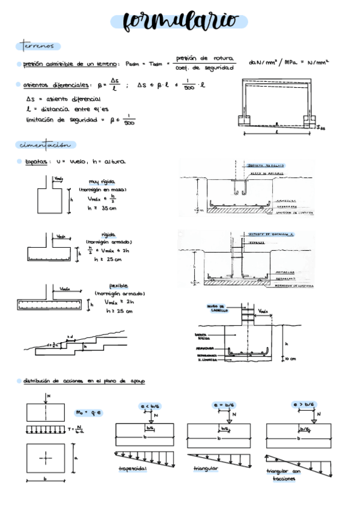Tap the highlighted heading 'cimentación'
click(x=45, y=145)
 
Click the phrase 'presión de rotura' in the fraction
click(x=200, y=58)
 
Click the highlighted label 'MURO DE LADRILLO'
click(x=219, y=309)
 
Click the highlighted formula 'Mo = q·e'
click(x=88, y=412)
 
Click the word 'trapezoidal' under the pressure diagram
click(x=133, y=469)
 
